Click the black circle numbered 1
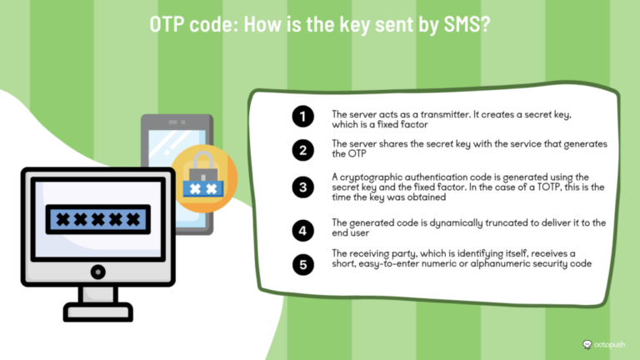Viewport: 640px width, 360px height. (303, 117)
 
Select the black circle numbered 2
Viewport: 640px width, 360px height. (303, 150)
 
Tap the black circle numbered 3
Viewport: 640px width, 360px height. (303, 187)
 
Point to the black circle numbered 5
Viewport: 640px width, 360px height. (303, 265)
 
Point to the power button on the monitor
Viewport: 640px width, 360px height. (97, 271)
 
